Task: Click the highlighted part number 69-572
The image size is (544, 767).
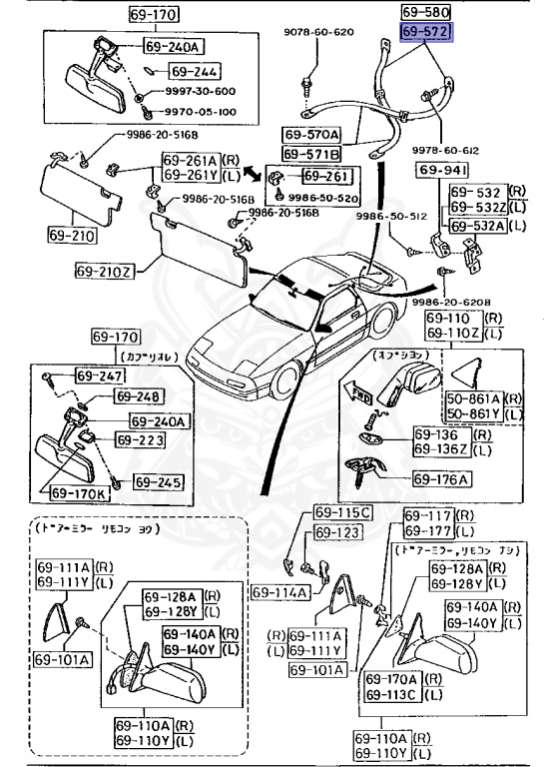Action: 426,34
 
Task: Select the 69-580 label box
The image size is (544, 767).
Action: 426,14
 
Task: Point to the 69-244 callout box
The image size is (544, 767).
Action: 194,72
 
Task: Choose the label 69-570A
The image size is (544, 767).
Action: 310,134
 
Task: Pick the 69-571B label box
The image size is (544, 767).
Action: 310,154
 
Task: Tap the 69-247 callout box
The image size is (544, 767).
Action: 97,376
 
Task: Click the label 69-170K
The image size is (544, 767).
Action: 79,493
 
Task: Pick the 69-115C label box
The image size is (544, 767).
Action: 342,513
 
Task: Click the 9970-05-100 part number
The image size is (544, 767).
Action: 200,112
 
